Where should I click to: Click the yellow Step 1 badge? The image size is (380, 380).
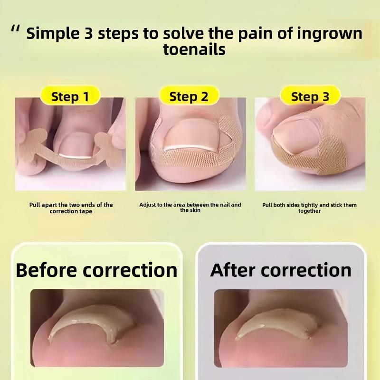(x=70, y=97)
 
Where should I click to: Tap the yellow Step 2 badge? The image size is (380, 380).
(x=189, y=97)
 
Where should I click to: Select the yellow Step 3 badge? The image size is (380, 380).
(x=310, y=97)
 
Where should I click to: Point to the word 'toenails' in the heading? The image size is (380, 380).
(x=194, y=49)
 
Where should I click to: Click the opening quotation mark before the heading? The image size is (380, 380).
(x=16, y=29)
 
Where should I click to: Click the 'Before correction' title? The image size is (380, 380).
(x=96, y=270)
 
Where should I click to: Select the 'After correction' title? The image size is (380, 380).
(x=281, y=270)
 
